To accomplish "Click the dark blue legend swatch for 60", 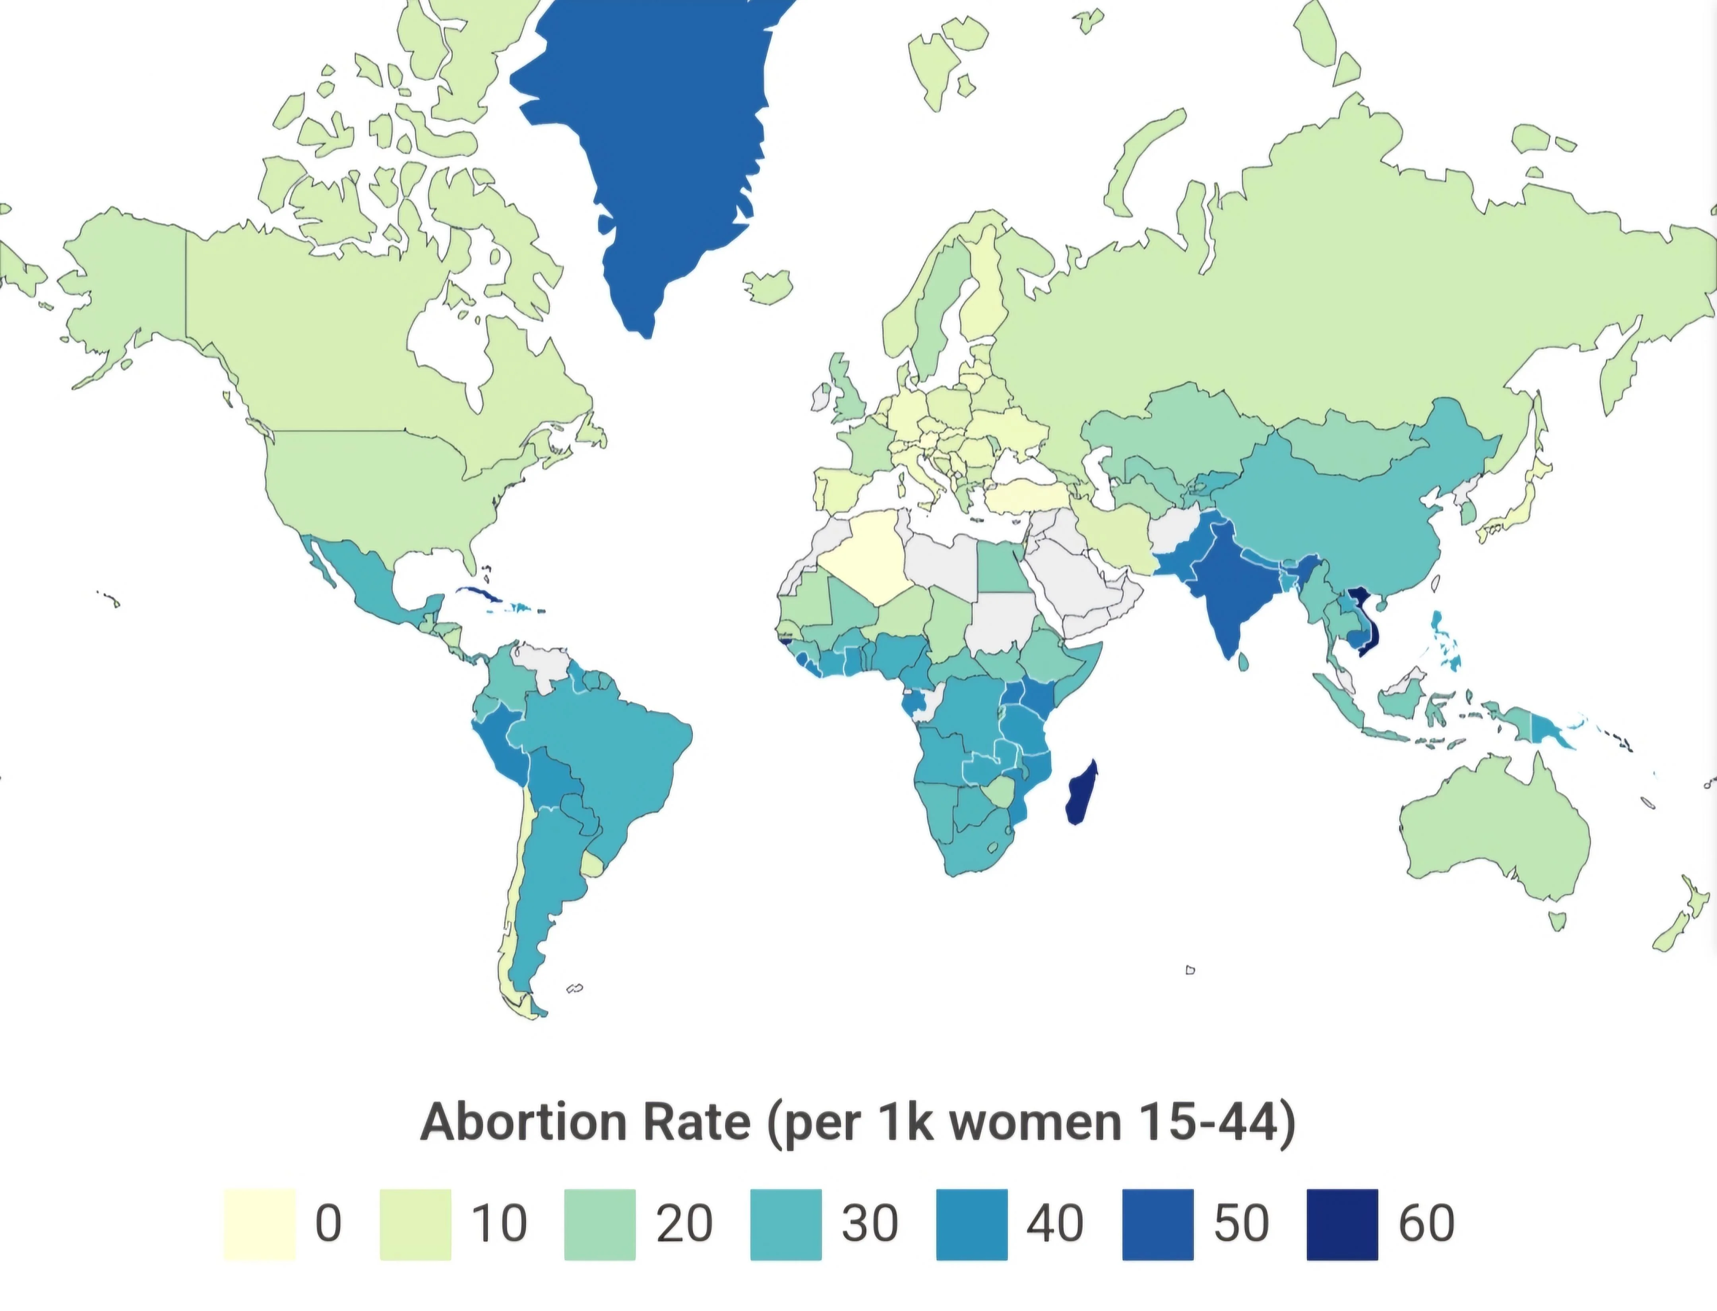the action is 1342,1224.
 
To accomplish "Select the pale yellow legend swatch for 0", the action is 259,1224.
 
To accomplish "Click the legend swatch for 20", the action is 600,1224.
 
